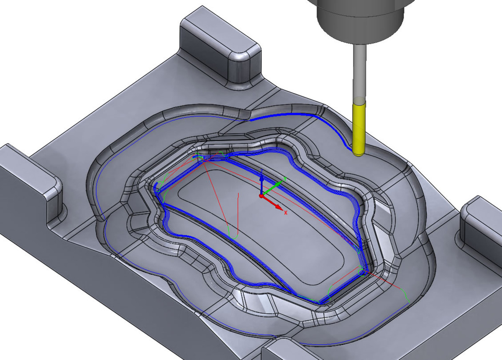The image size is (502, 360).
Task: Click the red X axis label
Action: point(285,212)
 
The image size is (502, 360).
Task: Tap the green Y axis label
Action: point(285,179)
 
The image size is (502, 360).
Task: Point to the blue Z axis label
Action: point(262,171)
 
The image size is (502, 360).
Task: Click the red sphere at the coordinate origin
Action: point(261,196)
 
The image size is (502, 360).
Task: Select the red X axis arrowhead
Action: point(279,207)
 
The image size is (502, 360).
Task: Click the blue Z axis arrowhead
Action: point(261,177)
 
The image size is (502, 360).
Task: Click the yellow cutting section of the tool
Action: point(359,129)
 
